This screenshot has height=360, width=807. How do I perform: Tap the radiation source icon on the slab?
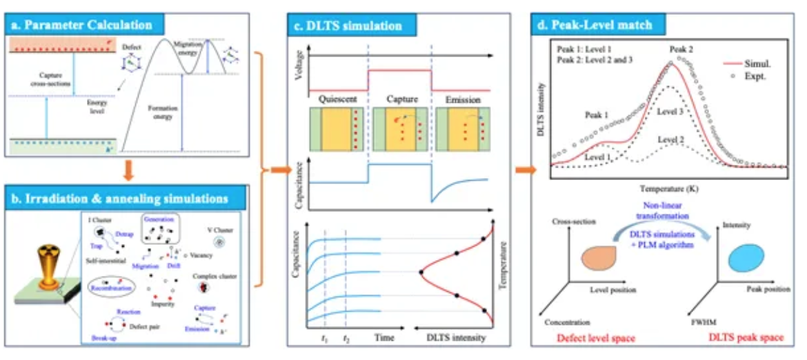(43, 266)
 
